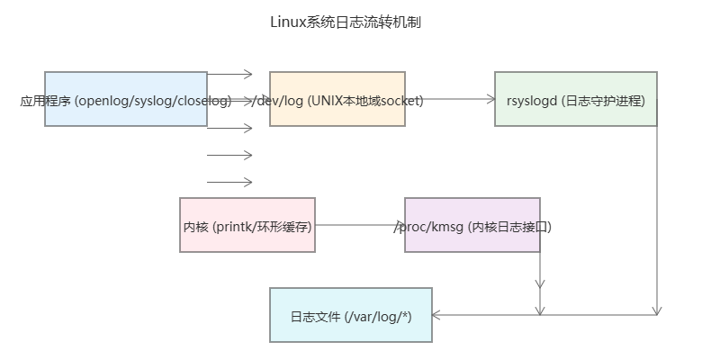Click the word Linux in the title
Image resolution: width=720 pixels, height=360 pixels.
click(x=287, y=22)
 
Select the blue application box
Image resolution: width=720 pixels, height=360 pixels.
click(x=126, y=99)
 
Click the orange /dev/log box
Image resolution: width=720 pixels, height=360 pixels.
click(x=337, y=99)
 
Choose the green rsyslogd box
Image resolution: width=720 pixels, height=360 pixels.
click(x=576, y=99)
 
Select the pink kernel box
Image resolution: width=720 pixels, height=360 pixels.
click(x=247, y=225)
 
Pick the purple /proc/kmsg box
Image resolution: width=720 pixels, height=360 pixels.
click(x=472, y=225)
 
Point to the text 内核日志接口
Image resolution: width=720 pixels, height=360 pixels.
click(x=509, y=227)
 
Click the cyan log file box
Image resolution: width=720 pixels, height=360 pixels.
click(x=351, y=315)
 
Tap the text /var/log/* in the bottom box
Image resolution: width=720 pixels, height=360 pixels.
click(x=378, y=317)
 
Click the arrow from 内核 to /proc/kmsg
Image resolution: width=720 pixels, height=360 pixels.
click(x=360, y=225)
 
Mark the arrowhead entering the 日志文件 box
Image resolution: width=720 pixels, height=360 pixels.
click(x=436, y=315)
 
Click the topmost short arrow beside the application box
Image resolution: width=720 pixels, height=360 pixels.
click(x=229, y=74)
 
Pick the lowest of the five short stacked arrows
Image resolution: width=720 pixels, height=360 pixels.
click(x=229, y=183)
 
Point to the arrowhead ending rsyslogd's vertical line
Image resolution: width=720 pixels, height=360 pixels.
click(x=657, y=310)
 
